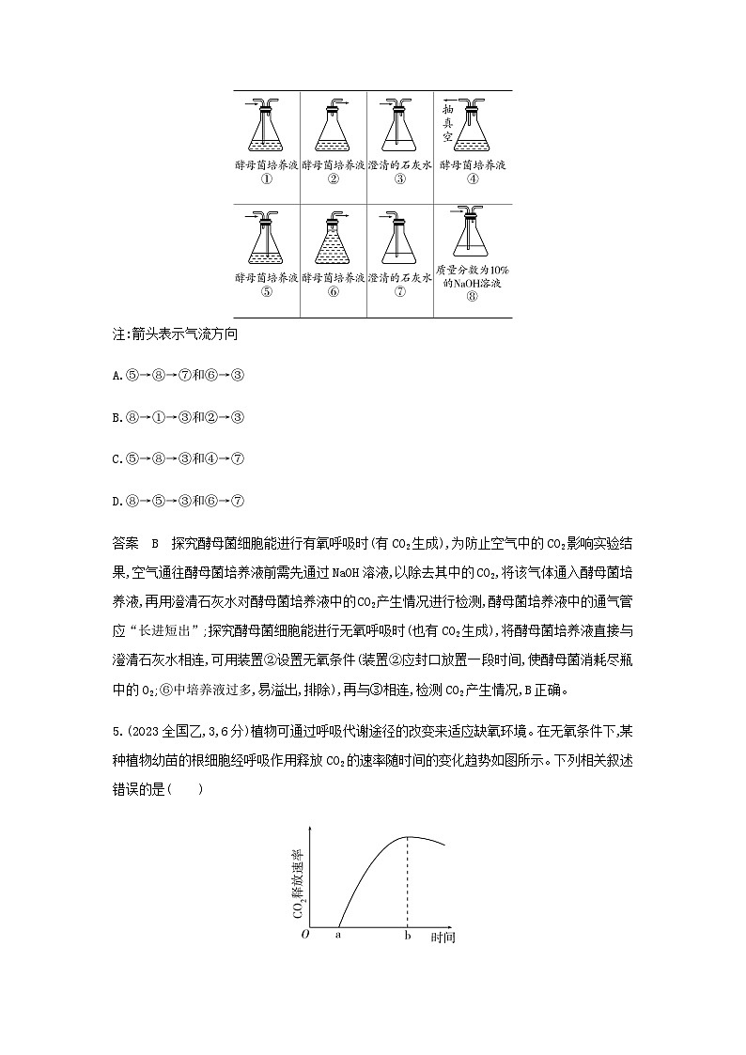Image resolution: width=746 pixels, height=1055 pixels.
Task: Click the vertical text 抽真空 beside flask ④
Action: pyautogui.click(x=447, y=123)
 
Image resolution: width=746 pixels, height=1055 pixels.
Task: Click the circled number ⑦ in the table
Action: pyautogui.click(x=399, y=291)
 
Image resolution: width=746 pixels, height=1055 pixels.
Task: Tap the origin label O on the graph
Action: pyautogui.click(x=303, y=935)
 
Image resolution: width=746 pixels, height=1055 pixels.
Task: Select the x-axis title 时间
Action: pyautogui.click(x=443, y=937)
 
